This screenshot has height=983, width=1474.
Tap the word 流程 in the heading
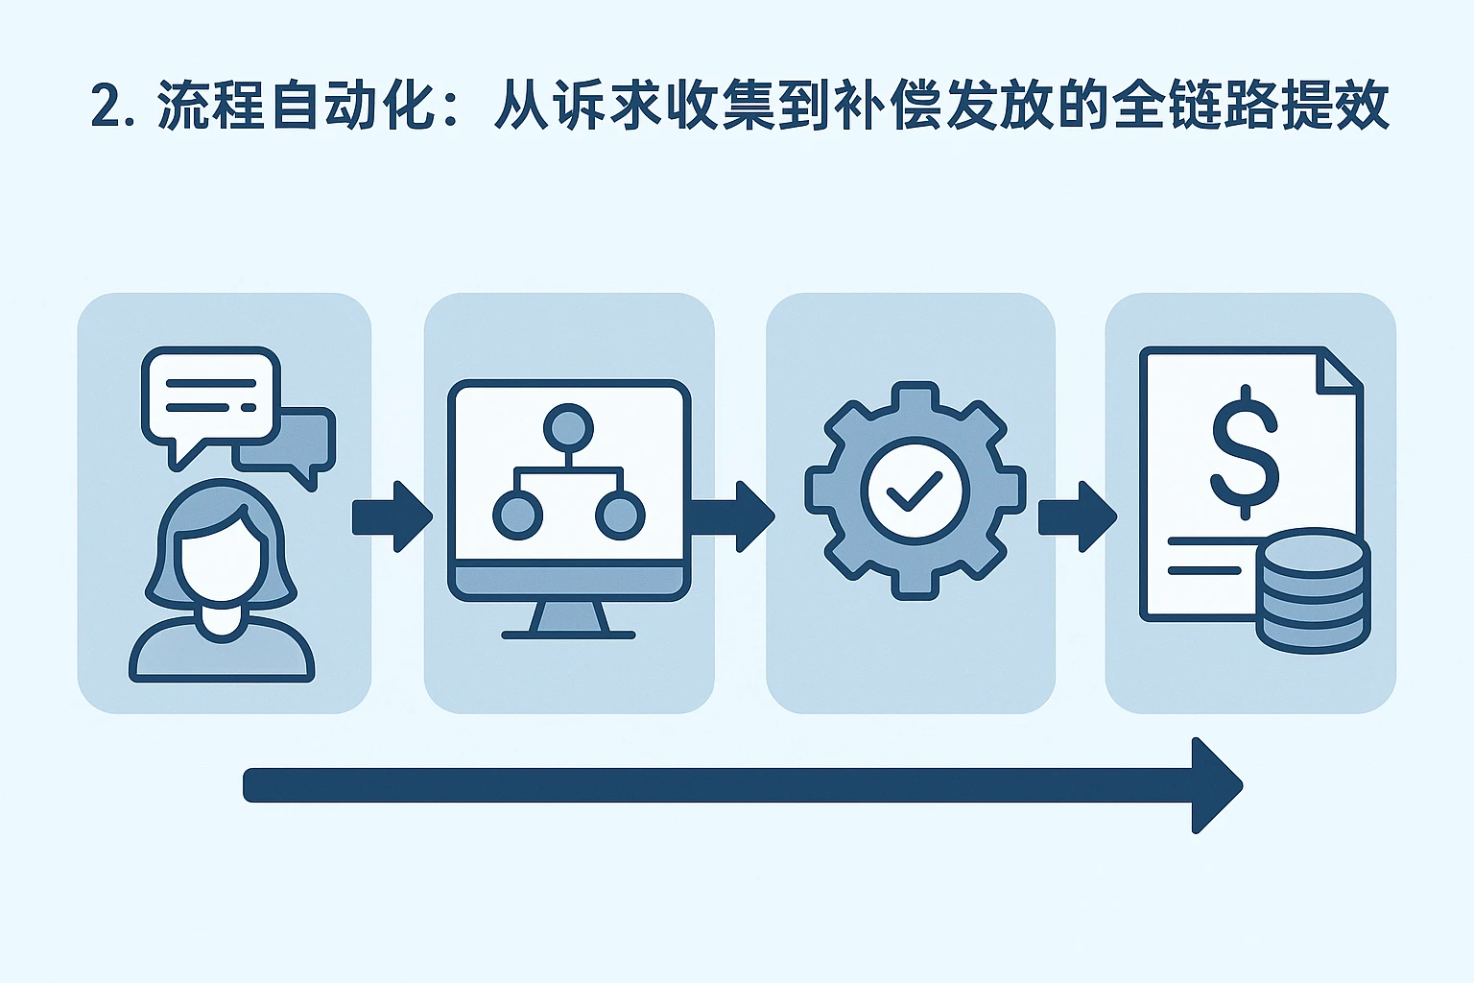tap(210, 106)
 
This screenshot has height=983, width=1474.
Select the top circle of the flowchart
tap(567, 426)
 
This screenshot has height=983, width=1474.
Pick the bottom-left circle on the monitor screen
tap(517, 515)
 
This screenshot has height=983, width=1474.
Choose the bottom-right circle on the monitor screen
tap(620, 515)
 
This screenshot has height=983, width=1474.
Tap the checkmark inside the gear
tap(915, 491)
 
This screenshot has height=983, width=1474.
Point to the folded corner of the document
tap(1339, 370)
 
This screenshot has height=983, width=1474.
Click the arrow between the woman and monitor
tap(392, 516)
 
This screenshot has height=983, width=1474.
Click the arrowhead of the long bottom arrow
tap(1216, 785)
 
